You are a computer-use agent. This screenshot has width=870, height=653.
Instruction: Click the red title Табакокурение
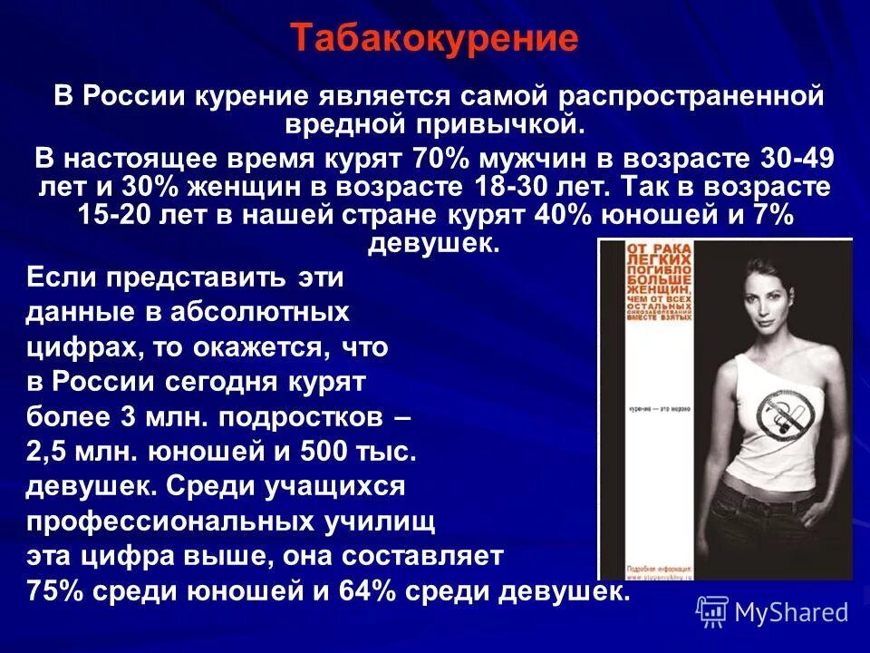[x=434, y=38]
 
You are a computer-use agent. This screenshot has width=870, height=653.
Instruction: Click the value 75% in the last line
[x=53, y=591]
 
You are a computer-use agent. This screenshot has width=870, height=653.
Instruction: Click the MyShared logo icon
[x=711, y=611]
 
